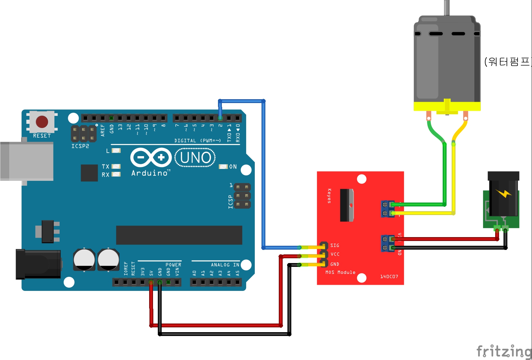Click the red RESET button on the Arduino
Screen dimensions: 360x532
42,122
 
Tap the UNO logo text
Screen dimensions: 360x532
196,157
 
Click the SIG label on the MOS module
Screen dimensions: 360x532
335,245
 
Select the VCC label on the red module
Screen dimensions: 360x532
335,254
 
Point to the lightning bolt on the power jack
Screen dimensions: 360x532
504,193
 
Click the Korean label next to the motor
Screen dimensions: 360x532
507,61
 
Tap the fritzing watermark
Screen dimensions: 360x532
504,351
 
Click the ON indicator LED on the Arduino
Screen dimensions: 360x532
223,167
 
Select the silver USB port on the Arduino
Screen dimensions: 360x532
27,162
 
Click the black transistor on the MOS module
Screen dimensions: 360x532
347,205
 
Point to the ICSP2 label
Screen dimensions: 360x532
80,146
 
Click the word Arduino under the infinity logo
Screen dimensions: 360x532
150,173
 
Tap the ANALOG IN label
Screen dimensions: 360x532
225,265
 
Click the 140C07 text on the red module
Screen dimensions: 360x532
389,276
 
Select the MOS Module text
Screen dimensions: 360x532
340,272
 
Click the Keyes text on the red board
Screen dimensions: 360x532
329,196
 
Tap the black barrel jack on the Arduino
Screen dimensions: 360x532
38,264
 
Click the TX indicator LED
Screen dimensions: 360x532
116,166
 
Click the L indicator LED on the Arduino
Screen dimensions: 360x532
116,150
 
